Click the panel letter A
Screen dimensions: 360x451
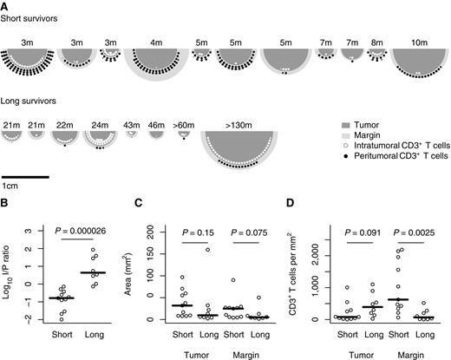coord(5,5)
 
